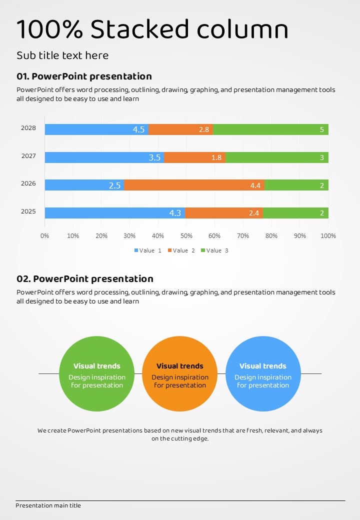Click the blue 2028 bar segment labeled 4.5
click(x=96, y=129)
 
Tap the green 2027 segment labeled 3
click(x=276, y=157)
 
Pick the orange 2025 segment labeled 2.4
click(x=223, y=213)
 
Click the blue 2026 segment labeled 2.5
click(x=84, y=185)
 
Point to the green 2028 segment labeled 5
click(x=270, y=129)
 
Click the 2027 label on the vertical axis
click(x=28, y=156)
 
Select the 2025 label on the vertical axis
click(x=28, y=211)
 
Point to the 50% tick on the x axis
click(x=186, y=235)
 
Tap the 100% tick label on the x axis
click(x=328, y=235)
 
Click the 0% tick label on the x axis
click(x=44, y=235)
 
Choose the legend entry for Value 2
click(x=181, y=250)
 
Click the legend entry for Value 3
click(x=214, y=250)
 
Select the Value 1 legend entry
click(x=147, y=250)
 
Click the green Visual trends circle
click(x=97, y=374)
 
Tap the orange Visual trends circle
click(x=180, y=374)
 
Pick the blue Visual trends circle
click(x=263, y=374)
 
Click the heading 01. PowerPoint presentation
click(x=84, y=76)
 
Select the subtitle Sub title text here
click(x=62, y=55)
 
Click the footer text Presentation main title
click(x=48, y=505)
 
